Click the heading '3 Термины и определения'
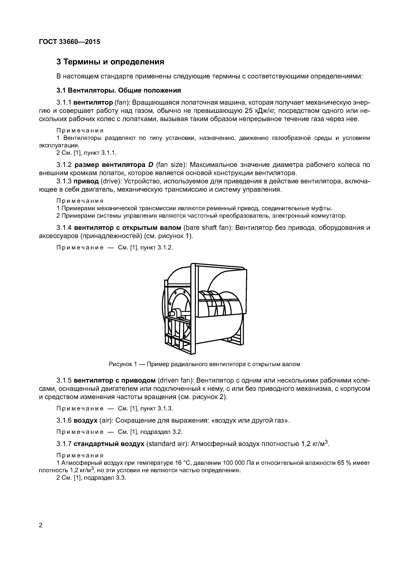click(110, 62)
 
